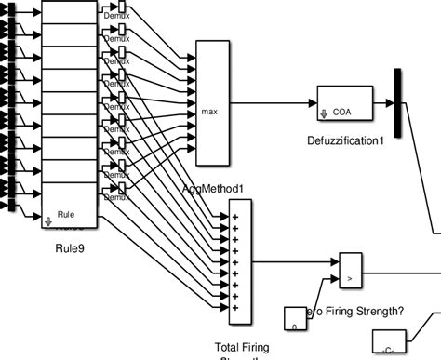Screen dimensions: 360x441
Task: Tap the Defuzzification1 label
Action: click(x=345, y=140)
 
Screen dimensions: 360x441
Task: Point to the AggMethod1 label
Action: click(x=213, y=189)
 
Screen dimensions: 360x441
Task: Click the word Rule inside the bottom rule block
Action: click(x=66, y=214)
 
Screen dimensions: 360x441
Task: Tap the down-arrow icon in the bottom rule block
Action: click(x=47, y=221)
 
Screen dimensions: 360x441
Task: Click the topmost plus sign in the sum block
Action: click(x=234, y=217)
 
